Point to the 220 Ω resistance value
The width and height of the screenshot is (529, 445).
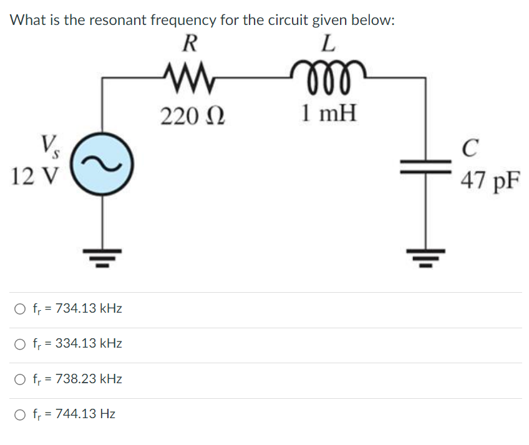192,115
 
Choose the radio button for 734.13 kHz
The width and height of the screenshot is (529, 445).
21,309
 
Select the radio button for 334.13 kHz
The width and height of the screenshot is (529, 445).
21,344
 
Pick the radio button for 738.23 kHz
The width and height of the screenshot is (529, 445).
21,379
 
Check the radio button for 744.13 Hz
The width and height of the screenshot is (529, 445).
21,414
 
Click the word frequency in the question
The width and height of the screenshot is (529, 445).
185,21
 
